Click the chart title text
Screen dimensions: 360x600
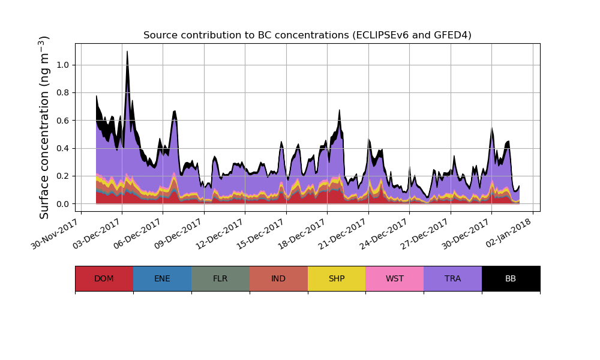[x=307, y=35]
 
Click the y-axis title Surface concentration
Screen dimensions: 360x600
[x=44, y=127]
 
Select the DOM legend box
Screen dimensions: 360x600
[x=104, y=278]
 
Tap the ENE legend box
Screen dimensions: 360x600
[x=162, y=278]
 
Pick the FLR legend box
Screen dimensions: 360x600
[x=220, y=278]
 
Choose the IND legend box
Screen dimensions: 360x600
[x=278, y=278]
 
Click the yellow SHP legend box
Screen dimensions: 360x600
[x=337, y=278]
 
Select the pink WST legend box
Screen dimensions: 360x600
[x=395, y=278]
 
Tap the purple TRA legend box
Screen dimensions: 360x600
[x=453, y=278]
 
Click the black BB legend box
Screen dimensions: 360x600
[x=511, y=278]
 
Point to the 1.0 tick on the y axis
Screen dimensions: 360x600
[x=62, y=65]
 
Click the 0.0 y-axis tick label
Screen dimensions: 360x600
[x=62, y=204]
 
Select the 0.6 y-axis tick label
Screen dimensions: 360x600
[x=62, y=121]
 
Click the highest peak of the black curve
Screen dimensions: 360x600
[x=127, y=52]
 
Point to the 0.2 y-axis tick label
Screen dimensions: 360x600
[x=62, y=176]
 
